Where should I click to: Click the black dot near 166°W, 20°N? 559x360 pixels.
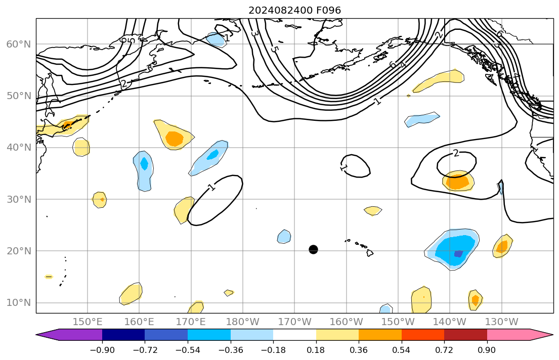tap(313, 249)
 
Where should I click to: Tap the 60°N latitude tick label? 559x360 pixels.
tap(18, 44)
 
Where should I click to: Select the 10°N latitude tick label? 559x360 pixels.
tap(18, 303)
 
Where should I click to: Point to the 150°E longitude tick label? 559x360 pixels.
tap(88, 322)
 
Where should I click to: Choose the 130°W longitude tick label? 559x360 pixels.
tap(501, 322)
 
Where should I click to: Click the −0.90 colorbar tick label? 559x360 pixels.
tap(102, 349)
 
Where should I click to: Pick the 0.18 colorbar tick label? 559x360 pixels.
tap(316, 349)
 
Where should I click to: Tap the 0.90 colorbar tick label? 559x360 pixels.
tap(487, 349)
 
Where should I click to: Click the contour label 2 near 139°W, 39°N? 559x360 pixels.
tap(456, 153)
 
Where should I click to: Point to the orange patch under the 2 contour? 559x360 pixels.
tap(458, 182)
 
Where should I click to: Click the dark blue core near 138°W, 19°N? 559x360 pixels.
tap(458, 254)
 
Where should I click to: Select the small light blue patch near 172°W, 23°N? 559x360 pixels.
tap(284, 237)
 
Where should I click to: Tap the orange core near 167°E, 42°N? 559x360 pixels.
tap(175, 138)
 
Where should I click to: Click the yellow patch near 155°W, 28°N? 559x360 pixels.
tap(373, 210)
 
